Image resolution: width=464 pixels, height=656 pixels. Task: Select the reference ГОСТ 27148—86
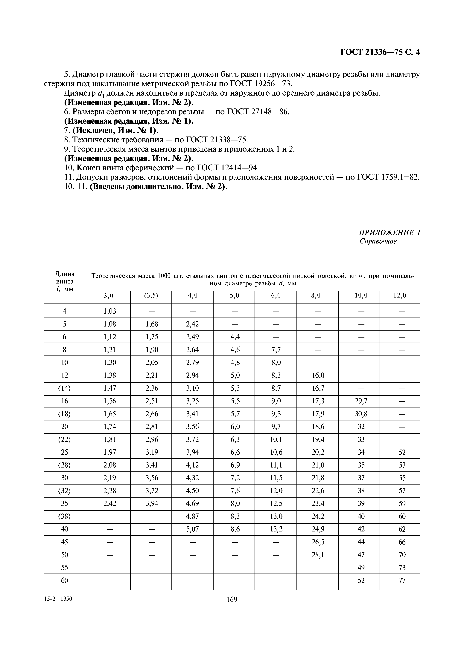click(x=258, y=112)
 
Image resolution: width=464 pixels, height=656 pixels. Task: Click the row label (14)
click(x=65, y=388)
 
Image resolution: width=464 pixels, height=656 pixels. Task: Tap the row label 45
click(x=65, y=542)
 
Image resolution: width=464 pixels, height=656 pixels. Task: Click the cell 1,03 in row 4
click(x=110, y=311)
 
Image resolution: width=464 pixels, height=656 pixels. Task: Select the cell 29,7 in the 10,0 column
click(x=361, y=401)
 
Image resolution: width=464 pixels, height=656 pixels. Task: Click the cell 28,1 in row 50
click(x=318, y=555)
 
